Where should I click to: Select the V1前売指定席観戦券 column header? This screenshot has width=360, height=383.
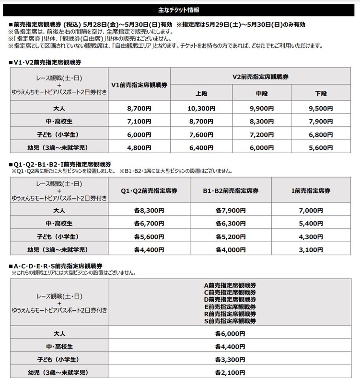[139, 85]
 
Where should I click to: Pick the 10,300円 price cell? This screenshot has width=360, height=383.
[201, 108]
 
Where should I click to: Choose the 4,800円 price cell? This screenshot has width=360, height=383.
[139, 148]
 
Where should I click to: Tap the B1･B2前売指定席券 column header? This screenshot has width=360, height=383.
[231, 190]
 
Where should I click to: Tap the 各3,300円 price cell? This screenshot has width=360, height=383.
[230, 359]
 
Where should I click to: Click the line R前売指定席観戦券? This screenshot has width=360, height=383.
[230, 313]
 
